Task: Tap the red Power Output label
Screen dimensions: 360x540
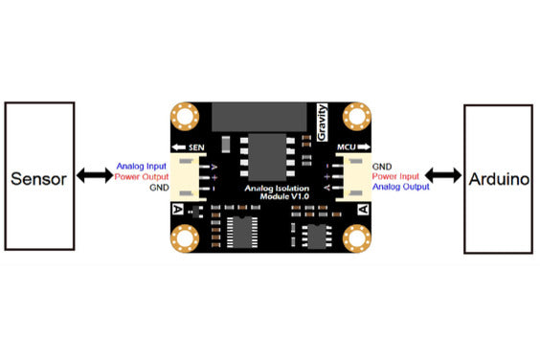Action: (141, 177)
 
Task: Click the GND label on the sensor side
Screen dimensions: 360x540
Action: (158, 188)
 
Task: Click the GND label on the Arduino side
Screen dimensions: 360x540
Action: (382, 167)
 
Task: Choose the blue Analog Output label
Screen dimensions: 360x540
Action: (400, 188)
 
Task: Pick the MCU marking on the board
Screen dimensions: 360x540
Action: (348, 148)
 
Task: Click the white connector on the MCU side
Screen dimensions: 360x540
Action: (355, 177)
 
